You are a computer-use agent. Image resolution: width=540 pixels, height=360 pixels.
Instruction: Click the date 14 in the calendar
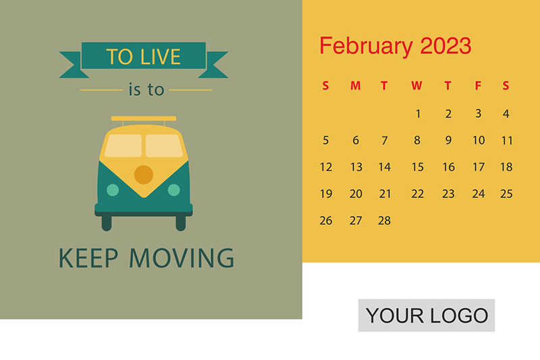pos(384,167)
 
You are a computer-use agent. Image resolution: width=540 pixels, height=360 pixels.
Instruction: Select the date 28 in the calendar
pos(384,220)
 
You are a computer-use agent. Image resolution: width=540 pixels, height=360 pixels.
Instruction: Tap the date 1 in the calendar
pos(418,113)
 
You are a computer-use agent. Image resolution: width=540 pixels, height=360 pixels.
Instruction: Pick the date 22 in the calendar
pos(417,194)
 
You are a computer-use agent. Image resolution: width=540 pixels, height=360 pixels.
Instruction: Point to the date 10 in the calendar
pos(479,140)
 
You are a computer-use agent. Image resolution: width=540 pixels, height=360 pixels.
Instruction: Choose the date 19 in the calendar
pos(326,194)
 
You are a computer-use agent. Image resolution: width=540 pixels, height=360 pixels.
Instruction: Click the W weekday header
pos(416,85)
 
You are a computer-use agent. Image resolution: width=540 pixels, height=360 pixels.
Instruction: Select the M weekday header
pos(356,85)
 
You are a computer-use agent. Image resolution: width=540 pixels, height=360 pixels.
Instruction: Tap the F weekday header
pos(478,85)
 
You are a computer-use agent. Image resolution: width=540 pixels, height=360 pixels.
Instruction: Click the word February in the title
pos(366,47)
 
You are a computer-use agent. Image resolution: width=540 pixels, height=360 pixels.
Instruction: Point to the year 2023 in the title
pos(446,45)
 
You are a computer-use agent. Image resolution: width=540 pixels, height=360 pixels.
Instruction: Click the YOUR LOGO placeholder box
pos(427,315)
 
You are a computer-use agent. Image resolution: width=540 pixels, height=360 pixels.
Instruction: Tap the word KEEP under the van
pos(88,258)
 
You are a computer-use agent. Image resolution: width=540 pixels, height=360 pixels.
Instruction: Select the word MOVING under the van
pos(182,258)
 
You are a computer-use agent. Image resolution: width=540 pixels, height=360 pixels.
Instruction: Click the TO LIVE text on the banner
pos(143,57)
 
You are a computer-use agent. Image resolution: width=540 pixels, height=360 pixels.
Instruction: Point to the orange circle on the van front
pos(144,175)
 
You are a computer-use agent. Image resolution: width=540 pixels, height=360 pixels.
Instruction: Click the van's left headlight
pos(113,190)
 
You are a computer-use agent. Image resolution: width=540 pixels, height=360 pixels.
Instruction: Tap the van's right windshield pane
pos(164,146)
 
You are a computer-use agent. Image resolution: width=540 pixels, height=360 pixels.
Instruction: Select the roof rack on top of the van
pos(144,118)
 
